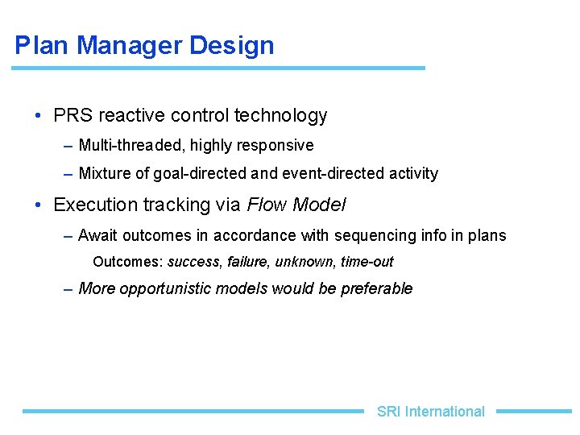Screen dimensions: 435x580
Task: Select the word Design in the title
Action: click(232, 45)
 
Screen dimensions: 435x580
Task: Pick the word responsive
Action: click(275, 146)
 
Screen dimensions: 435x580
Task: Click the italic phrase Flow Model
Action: click(296, 205)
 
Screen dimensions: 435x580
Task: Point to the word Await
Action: click(98, 235)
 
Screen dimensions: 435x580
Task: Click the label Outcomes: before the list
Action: click(128, 262)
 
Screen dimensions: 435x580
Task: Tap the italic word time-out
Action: click(367, 262)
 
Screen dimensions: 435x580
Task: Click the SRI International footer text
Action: click(431, 412)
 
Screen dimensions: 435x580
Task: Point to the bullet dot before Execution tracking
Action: click(38, 205)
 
